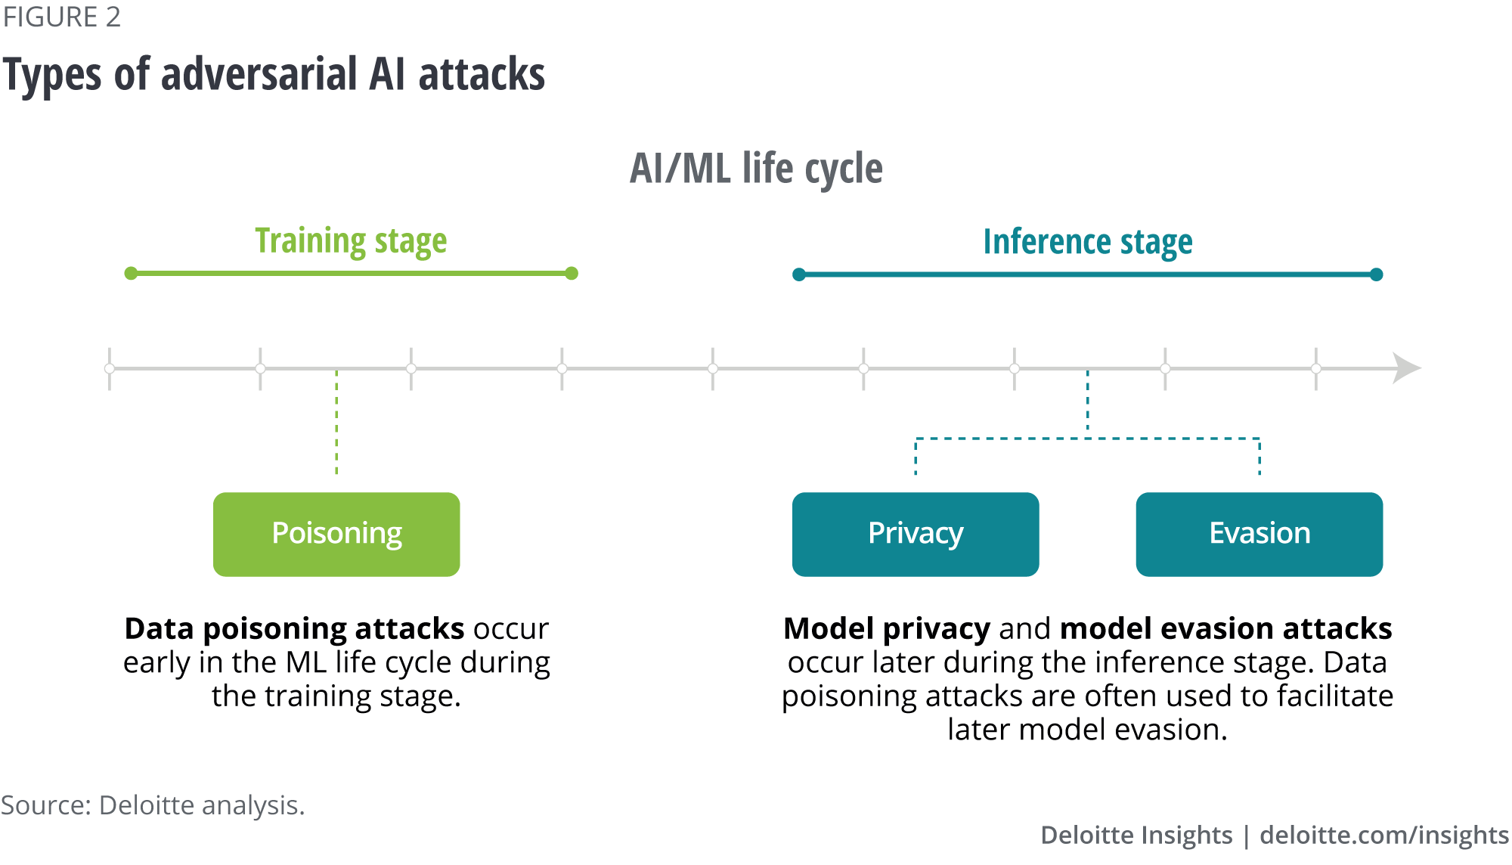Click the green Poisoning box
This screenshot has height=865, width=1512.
click(336, 534)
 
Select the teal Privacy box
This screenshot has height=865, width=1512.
click(915, 534)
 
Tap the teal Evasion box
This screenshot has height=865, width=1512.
click(1259, 534)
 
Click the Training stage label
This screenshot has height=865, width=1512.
click(351, 241)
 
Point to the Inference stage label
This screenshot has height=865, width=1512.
click(1087, 242)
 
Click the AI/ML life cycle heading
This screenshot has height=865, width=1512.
click(756, 168)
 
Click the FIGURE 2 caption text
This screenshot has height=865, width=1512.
click(62, 17)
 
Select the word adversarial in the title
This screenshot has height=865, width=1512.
click(259, 74)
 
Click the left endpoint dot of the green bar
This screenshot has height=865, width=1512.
click(131, 273)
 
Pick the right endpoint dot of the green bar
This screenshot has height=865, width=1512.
click(572, 273)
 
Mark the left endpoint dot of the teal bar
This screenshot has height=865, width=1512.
click(798, 274)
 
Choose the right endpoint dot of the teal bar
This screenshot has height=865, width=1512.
click(1377, 274)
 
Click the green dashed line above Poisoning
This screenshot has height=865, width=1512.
click(336, 423)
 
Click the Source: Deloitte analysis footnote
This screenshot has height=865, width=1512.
click(153, 805)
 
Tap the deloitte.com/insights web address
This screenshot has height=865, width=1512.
click(1383, 835)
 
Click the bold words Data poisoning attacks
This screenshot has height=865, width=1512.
click(294, 629)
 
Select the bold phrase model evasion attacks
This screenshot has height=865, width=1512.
click(1225, 629)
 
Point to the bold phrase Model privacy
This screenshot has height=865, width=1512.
click(886, 629)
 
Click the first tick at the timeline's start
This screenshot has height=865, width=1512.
click(110, 368)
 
